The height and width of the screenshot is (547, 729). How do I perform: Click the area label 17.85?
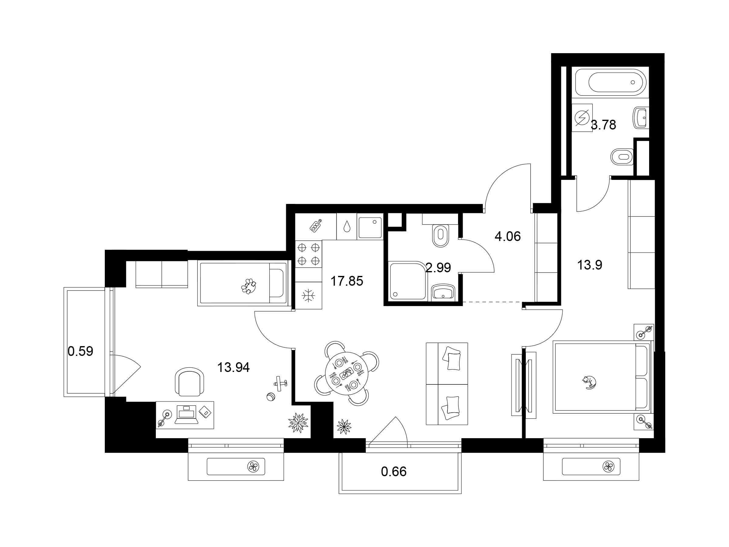pos(347,281)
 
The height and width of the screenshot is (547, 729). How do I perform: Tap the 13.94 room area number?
pos(233,367)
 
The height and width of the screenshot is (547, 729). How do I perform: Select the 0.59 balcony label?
pos(80,351)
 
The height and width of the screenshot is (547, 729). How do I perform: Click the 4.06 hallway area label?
pos(508,236)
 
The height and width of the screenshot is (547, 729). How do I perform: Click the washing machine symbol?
pos(582,118)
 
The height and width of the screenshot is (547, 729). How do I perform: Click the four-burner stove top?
pos(309,254)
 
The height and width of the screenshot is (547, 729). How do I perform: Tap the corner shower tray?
pos(408,280)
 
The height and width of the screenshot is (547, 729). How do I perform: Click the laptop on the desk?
pos(186,415)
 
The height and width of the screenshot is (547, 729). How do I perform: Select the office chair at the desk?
pos(189,381)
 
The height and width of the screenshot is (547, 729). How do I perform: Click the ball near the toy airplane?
pos(271,397)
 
